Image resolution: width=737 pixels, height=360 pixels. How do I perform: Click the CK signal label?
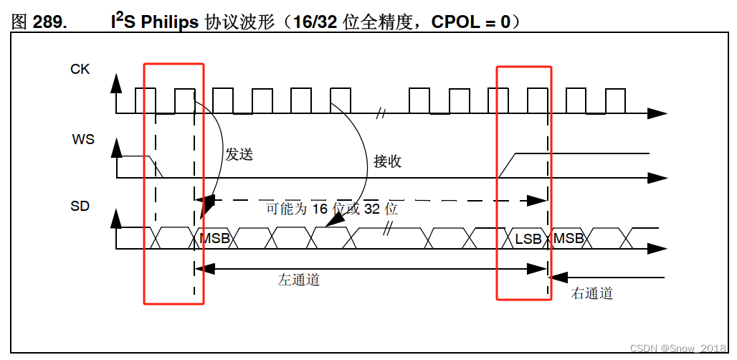click(x=80, y=70)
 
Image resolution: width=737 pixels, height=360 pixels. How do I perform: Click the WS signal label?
click(x=83, y=139)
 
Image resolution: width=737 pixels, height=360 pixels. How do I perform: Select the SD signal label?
click(x=80, y=207)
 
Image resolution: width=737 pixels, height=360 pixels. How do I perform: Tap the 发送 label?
click(x=239, y=154)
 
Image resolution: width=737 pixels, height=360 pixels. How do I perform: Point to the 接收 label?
click(x=387, y=161)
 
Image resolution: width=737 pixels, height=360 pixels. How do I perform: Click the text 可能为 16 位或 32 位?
click(x=331, y=209)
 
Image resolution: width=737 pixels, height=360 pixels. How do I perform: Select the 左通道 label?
click(x=299, y=280)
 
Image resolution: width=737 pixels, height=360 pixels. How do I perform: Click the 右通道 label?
click(x=592, y=293)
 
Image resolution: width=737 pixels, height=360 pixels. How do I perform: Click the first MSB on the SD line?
click(x=214, y=238)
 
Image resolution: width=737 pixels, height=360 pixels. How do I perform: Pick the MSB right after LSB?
click(x=569, y=238)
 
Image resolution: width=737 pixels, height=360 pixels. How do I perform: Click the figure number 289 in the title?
click(x=50, y=22)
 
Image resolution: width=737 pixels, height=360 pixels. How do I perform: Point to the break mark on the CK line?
click(x=381, y=113)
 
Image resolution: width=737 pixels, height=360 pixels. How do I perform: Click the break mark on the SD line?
click(x=389, y=229)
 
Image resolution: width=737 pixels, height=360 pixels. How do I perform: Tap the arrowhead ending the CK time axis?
click(x=657, y=113)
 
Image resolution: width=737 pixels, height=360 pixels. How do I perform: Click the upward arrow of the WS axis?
click(x=116, y=148)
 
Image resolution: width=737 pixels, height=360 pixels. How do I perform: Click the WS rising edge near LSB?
click(x=508, y=166)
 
